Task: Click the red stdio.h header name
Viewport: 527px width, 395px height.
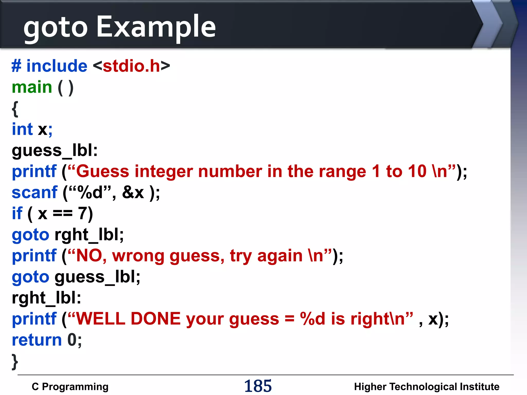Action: coord(131,66)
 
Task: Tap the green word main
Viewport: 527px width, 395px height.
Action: coord(32,87)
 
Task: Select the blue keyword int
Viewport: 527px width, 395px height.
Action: coord(22,129)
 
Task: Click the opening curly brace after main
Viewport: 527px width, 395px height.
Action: coord(15,109)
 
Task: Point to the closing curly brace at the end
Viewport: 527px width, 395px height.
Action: coord(15,362)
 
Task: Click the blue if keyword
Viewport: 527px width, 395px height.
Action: coord(17,213)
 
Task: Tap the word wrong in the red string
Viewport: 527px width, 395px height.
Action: coord(138,256)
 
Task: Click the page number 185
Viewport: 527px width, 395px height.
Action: coord(258,386)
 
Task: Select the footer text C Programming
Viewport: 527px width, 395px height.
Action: coord(70,387)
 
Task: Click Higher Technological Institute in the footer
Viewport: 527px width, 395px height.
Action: coord(426,387)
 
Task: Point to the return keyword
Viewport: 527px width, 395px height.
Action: coord(37,340)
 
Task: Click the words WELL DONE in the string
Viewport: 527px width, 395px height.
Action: coord(128,319)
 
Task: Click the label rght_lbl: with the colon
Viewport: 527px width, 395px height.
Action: coord(46,298)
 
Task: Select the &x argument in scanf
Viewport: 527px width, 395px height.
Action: coord(133,192)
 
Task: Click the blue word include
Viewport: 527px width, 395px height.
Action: coord(57,66)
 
